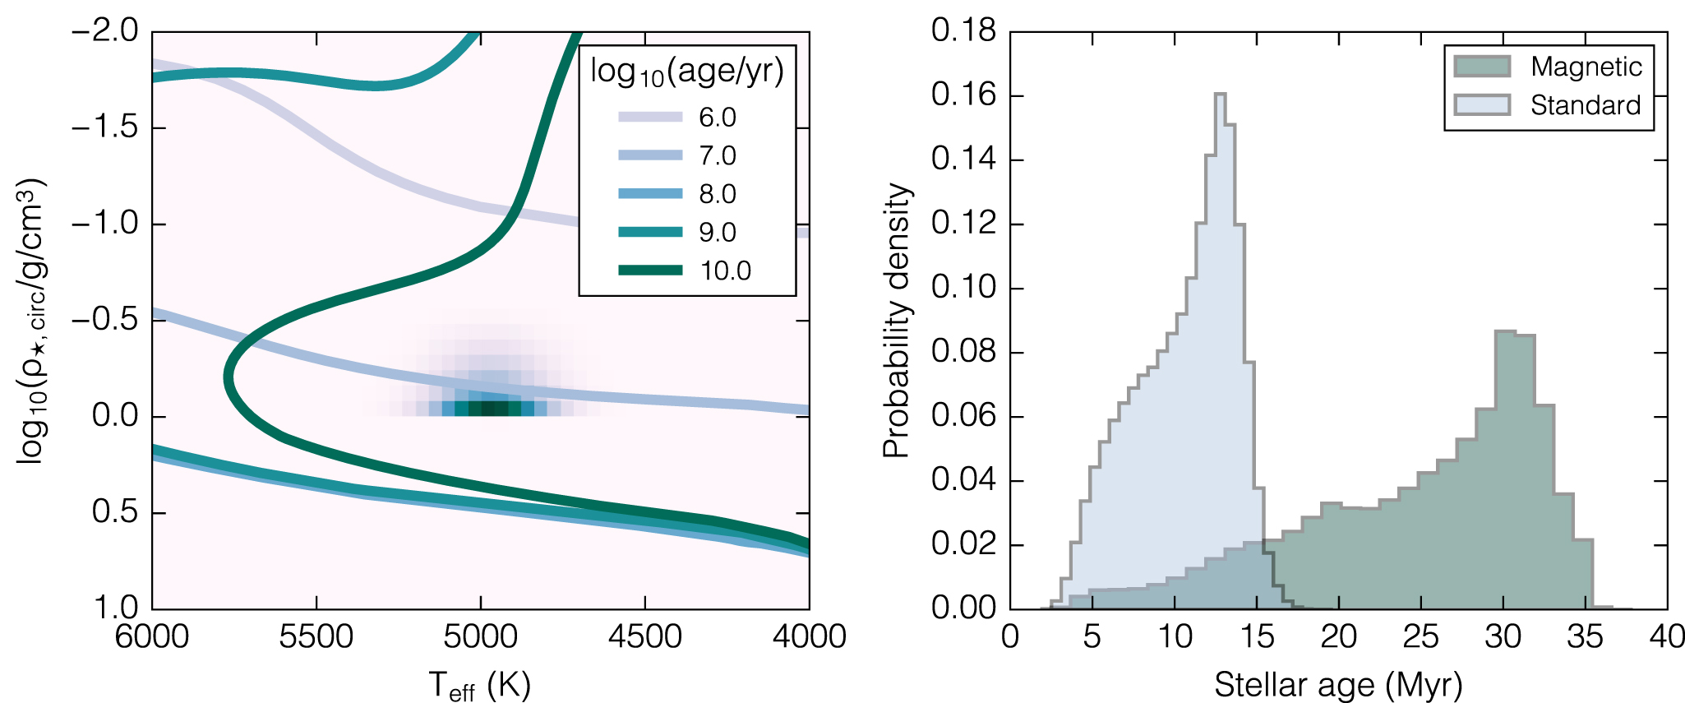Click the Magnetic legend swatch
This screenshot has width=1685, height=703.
point(1481,67)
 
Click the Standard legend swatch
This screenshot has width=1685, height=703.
point(1481,105)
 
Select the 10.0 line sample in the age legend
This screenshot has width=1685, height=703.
point(650,270)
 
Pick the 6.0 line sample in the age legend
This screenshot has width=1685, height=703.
point(650,117)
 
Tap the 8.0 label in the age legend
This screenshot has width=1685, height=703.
point(718,194)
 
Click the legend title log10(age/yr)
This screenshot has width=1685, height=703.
point(687,72)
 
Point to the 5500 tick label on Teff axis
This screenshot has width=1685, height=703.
point(316,636)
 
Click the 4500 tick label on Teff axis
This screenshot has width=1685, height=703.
point(645,636)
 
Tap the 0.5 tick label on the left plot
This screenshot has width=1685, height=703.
point(115,512)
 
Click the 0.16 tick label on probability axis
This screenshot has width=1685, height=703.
point(963,95)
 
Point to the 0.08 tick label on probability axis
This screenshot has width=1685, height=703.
point(963,352)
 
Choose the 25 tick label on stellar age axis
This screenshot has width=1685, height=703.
point(1420,636)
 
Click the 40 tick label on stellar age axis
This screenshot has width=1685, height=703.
point(1666,636)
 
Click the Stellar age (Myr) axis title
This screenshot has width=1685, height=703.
point(1338,684)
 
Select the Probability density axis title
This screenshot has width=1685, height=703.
point(897,321)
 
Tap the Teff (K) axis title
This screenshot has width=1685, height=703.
point(480,685)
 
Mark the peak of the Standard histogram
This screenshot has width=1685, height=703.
point(1220,94)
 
